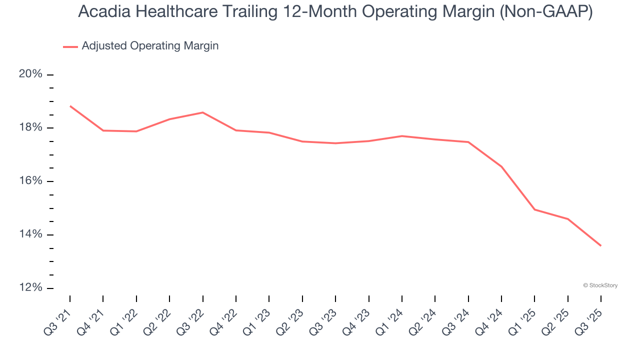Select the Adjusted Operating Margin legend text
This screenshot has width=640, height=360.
[150, 46]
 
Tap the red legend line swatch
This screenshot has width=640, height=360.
[70, 46]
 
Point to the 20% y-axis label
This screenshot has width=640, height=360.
[30, 74]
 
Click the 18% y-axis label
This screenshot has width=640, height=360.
[30, 127]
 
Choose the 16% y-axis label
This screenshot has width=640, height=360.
[30, 181]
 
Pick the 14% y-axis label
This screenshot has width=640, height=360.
[30, 234]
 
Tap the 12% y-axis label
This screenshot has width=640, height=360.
[30, 288]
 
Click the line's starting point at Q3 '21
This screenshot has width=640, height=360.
[70, 106]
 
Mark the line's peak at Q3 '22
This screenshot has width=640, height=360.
[202, 112]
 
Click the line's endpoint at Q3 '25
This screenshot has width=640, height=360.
[600, 245]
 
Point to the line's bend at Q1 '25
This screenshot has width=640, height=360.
[534, 209]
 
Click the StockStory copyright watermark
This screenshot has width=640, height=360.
[600, 285]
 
